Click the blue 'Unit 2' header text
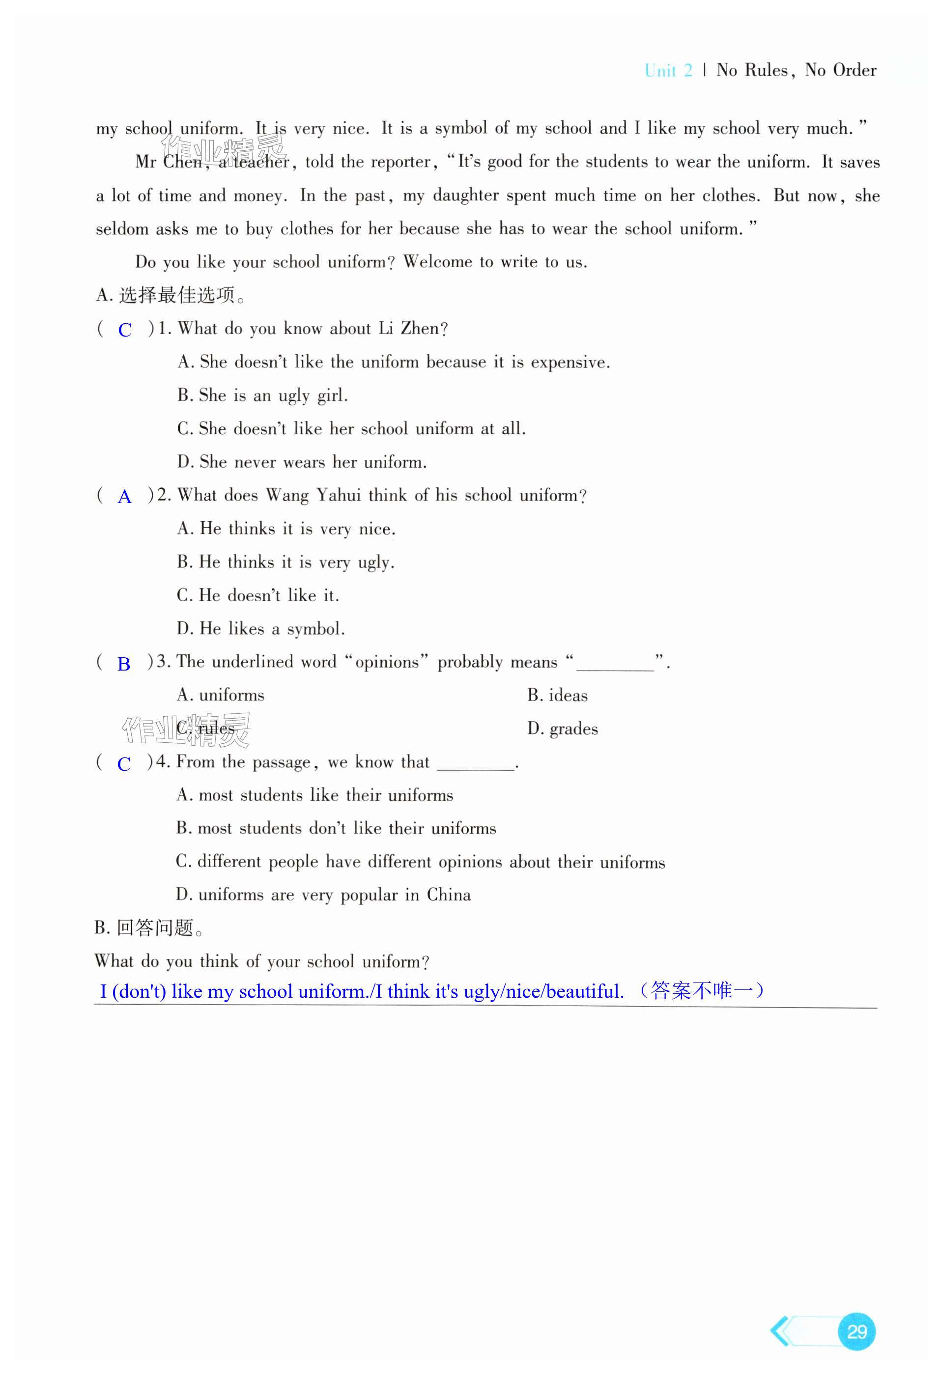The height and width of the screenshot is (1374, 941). point(668,70)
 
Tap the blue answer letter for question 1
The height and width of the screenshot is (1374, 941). point(125,330)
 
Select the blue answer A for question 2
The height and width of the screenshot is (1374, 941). point(124,497)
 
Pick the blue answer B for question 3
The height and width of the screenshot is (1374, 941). point(124,664)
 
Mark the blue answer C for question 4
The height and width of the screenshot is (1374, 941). point(124,764)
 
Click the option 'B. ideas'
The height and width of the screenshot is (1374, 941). point(557,695)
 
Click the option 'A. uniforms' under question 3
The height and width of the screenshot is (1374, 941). point(220,695)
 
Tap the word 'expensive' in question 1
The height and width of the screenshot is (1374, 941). point(569,363)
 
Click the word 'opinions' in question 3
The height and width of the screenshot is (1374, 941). point(387,662)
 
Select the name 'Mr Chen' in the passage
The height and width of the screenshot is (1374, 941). point(168,162)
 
